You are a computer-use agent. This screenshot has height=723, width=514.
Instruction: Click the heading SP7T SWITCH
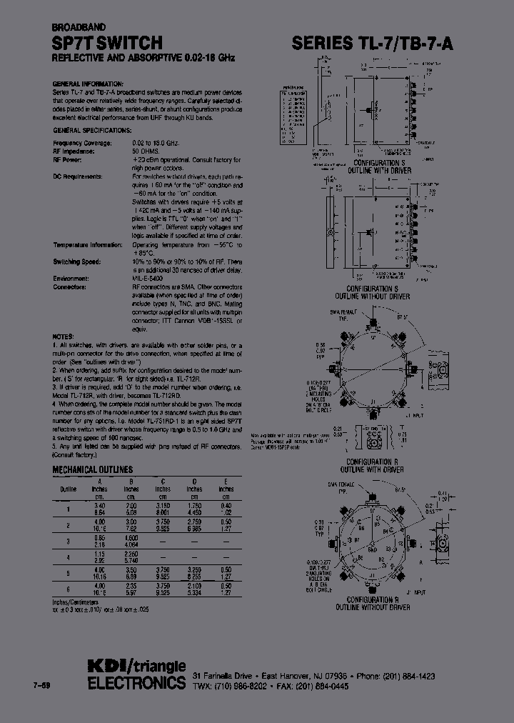tap(107, 44)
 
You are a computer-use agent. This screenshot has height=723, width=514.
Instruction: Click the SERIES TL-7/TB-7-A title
tap(373, 44)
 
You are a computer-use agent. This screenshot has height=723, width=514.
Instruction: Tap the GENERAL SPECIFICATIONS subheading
tap(92, 131)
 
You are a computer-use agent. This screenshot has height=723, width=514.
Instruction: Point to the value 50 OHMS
tap(146, 152)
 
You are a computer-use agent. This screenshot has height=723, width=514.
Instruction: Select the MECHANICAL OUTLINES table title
tap(93, 469)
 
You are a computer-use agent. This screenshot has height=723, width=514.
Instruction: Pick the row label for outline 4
tap(69, 555)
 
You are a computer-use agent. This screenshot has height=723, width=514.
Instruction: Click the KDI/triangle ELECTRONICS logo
tap(136, 674)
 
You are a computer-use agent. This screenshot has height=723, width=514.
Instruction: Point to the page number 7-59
tap(42, 686)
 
